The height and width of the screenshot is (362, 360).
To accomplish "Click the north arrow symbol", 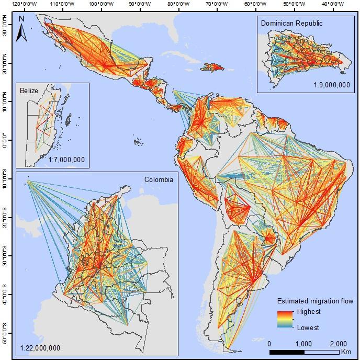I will click(x=21, y=29).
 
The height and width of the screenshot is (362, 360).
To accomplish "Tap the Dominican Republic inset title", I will click(x=292, y=23).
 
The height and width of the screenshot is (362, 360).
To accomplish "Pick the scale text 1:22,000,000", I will click(x=40, y=348).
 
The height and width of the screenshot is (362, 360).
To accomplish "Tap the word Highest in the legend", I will click(x=308, y=312).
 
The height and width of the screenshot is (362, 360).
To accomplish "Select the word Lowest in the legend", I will click(x=308, y=327).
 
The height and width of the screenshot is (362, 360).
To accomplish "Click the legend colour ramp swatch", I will click(x=285, y=320).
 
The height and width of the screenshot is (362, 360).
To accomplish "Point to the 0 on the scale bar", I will click(x=269, y=343).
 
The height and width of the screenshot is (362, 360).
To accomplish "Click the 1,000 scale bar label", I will click(x=304, y=343).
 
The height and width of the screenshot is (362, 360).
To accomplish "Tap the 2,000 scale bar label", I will click(x=339, y=343).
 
